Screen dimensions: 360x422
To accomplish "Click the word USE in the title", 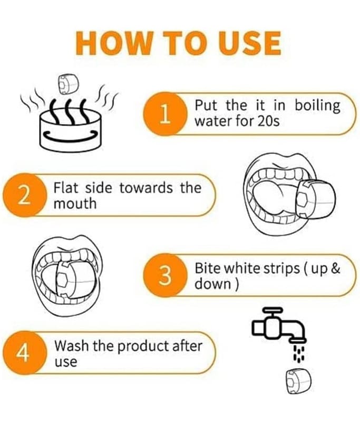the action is click(249, 43).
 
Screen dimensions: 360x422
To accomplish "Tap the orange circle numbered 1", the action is click(164, 114).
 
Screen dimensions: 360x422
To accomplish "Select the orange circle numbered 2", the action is click(24, 195).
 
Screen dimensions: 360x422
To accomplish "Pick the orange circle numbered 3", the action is click(164, 275).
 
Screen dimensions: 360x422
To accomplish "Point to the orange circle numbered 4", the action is click(24, 353).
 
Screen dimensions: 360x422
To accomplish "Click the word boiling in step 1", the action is click(317, 106).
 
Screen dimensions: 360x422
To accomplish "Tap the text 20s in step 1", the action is click(269, 121).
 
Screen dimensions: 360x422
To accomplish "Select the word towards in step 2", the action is click(146, 188).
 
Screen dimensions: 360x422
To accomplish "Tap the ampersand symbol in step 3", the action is click(336, 268).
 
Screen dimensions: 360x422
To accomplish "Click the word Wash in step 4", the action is click(71, 346).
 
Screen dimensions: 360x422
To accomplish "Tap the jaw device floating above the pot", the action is click(68, 85).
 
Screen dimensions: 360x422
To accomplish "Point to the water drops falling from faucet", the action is click(299, 353).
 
